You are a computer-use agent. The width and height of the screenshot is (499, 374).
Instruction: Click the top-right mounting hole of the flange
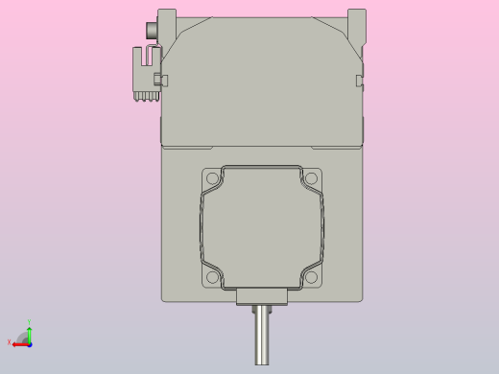pos(311,178)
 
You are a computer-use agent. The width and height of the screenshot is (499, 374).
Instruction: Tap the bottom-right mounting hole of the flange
pos(311,278)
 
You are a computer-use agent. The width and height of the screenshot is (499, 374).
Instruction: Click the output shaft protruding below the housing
pos(262,336)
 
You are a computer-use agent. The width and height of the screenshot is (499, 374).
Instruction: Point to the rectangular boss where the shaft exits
pos(262,297)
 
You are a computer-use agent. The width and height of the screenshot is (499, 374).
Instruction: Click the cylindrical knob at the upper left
pos(150,32)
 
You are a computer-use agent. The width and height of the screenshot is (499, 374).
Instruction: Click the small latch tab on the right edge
pos(361,80)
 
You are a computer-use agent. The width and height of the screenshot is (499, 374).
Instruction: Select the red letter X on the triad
pos(10,342)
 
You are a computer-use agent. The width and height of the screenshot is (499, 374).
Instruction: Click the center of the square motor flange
pos(262,228)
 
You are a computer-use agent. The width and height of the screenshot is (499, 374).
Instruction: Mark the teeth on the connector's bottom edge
pos(146,96)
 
